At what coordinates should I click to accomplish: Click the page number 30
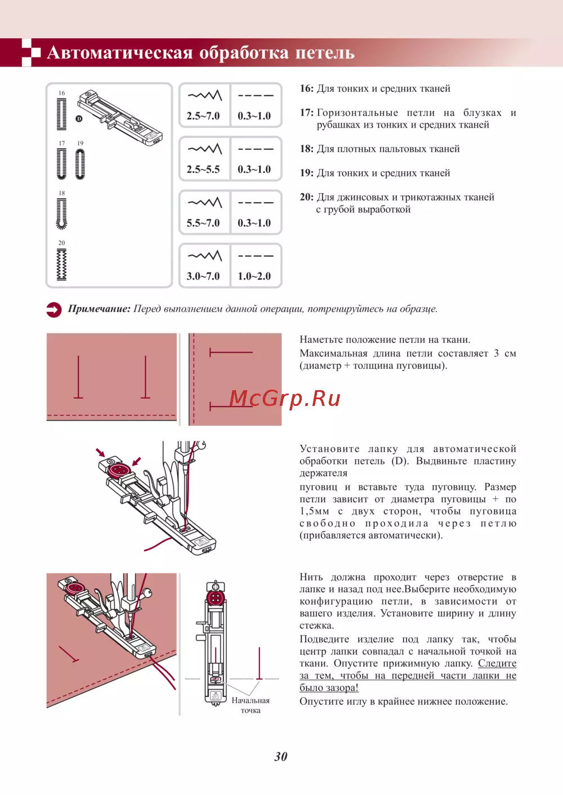coord(281,756)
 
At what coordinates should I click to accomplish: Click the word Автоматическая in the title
coord(119,53)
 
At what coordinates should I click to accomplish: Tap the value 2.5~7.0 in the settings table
coord(203,116)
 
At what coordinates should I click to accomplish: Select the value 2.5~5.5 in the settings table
coord(203,169)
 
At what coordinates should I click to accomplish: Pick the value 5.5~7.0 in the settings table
coord(203,223)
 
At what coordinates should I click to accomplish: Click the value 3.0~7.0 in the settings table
coord(203,276)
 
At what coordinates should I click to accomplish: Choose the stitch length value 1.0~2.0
coord(254,276)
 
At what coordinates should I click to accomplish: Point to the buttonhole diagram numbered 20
coord(61,264)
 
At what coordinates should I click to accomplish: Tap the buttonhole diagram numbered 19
coord(80,164)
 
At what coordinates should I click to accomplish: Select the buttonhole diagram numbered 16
coord(61,114)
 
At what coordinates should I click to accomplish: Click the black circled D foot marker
coord(79,119)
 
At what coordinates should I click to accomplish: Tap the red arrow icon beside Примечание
coord(54,310)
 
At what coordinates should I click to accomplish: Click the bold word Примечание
coord(99,309)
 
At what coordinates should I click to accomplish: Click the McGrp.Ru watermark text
coord(285,399)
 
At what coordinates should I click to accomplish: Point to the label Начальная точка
coord(251,705)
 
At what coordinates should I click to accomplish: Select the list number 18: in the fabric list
coord(306,149)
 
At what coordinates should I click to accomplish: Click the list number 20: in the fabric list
coord(306,197)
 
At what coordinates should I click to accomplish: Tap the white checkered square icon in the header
coord(30,52)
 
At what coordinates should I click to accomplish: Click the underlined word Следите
coord(497,663)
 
